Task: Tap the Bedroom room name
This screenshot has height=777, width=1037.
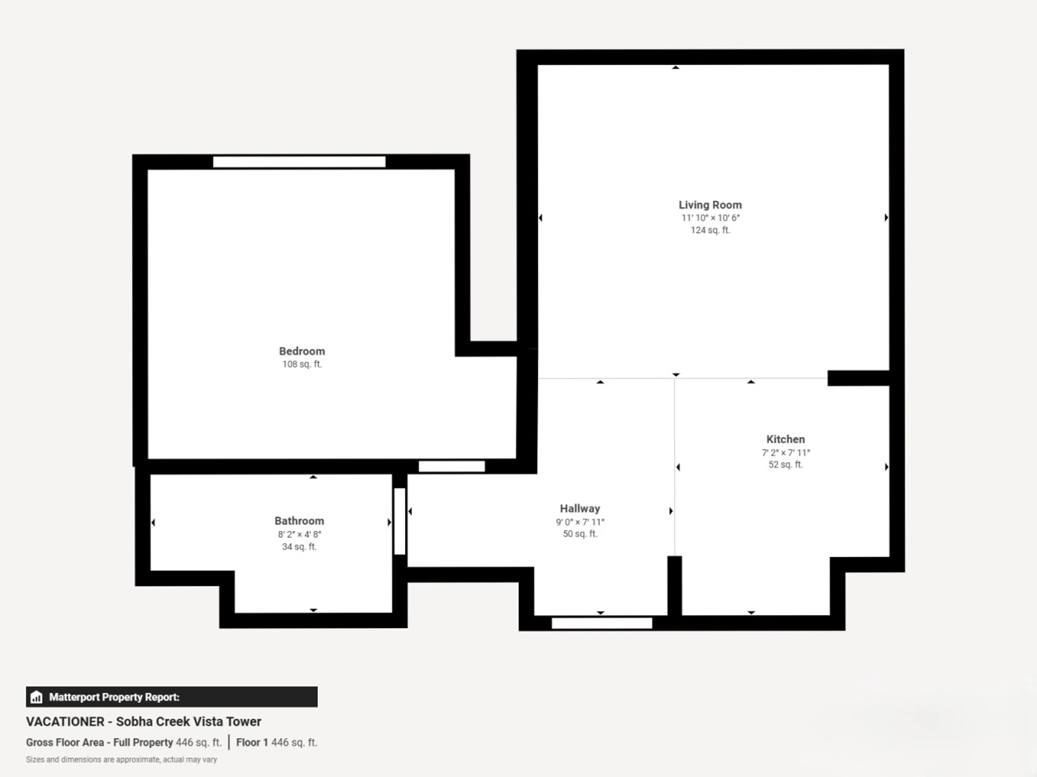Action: tap(302, 351)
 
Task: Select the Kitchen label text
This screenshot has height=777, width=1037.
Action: tap(785, 439)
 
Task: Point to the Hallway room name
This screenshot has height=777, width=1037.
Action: tap(580, 509)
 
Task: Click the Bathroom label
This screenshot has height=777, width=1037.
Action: tap(299, 521)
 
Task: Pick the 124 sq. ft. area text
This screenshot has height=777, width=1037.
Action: tap(710, 230)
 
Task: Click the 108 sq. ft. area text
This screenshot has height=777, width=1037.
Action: tap(302, 364)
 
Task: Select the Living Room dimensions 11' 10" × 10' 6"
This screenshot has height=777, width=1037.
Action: tap(710, 218)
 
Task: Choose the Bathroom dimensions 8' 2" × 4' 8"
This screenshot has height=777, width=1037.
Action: tap(299, 534)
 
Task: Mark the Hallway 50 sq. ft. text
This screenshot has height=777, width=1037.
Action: tap(580, 534)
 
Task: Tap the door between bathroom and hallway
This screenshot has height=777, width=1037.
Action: tap(399, 521)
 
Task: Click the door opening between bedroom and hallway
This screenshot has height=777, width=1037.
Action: tap(452, 466)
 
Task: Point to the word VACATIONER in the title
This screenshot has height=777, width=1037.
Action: tap(65, 722)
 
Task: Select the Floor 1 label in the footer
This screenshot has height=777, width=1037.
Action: tap(252, 742)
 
